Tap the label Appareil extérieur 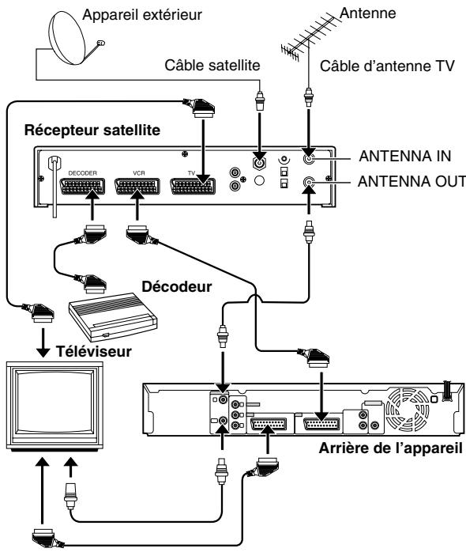tap(142, 15)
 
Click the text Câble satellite tap(212, 65)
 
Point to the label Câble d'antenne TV tap(387, 66)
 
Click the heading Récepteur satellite tap(92, 130)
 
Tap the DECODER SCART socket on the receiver tap(83, 186)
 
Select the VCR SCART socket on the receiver tap(137, 186)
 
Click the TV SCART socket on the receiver tap(193, 186)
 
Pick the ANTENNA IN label tap(405, 157)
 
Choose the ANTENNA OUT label tap(412, 182)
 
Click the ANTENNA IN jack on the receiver tap(309, 158)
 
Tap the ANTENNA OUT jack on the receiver tap(309, 182)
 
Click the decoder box tap(113, 316)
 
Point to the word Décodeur tap(177, 286)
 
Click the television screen tap(55, 403)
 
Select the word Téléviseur tap(94, 351)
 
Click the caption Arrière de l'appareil tap(390, 448)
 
